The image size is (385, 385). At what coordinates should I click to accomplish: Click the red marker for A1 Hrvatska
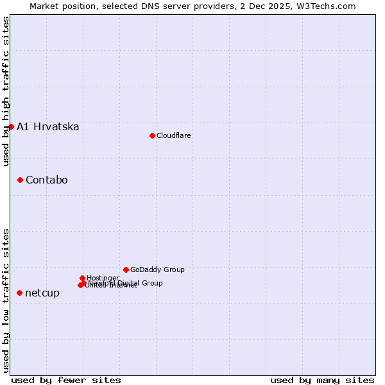[11, 126]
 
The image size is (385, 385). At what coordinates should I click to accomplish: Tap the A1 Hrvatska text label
[48, 126]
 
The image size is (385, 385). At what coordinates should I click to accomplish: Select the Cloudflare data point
[152, 135]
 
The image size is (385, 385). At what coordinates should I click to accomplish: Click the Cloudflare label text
[174, 135]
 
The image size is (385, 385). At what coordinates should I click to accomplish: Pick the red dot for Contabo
[20, 180]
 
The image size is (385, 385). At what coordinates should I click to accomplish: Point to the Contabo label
[47, 180]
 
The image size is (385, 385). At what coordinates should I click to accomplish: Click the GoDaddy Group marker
[126, 269]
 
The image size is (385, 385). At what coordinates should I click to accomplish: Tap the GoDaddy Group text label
[157, 269]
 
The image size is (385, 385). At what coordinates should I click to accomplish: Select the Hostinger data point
[83, 278]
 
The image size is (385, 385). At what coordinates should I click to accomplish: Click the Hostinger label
[103, 278]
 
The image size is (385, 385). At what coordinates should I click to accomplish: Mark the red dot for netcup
[19, 293]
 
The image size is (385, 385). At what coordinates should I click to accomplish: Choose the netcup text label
[42, 293]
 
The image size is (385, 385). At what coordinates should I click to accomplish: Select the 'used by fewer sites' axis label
[66, 380]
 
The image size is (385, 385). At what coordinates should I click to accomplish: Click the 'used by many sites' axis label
[322, 380]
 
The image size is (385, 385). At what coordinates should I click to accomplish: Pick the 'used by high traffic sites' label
[6, 92]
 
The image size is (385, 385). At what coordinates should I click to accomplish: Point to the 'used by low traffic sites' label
[6, 300]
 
